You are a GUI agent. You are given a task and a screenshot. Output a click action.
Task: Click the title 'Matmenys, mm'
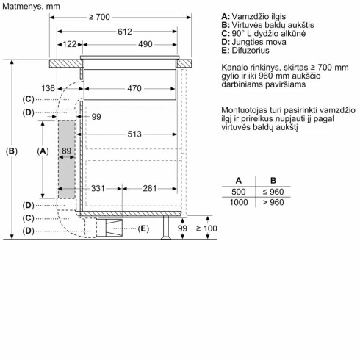(29, 6)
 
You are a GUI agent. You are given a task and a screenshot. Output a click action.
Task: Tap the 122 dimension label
(71, 45)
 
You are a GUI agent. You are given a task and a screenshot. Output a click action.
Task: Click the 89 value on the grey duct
(67, 151)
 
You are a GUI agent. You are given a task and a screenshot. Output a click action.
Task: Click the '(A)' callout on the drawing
(42, 151)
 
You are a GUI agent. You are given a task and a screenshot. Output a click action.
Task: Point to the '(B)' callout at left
(12, 151)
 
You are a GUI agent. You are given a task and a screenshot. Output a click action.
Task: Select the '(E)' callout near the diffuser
(143, 229)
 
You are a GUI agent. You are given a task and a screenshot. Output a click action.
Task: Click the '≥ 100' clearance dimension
(207, 229)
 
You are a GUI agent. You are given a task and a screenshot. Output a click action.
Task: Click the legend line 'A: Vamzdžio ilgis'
(254, 15)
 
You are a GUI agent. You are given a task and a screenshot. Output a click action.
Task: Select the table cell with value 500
(238, 191)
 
